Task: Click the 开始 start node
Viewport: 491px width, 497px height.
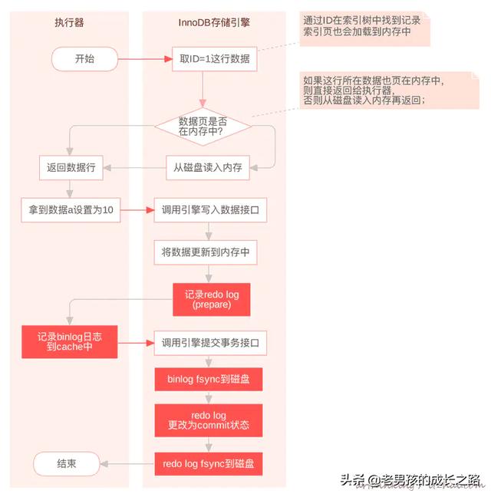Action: pos(84,58)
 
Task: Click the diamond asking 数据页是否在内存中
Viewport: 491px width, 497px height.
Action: pos(203,127)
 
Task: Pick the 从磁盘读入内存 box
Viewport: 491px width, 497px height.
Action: pos(209,167)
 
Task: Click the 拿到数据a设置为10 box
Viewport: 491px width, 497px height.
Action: pos(70,209)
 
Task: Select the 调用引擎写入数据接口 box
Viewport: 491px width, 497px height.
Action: pos(209,209)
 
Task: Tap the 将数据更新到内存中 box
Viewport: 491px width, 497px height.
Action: pos(209,251)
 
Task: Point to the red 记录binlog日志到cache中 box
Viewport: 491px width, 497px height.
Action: pos(69,342)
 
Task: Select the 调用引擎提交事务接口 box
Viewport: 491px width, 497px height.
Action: pos(209,342)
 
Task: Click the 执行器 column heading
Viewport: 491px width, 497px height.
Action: pos(70,23)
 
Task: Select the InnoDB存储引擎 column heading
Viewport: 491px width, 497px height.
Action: pos(209,23)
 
